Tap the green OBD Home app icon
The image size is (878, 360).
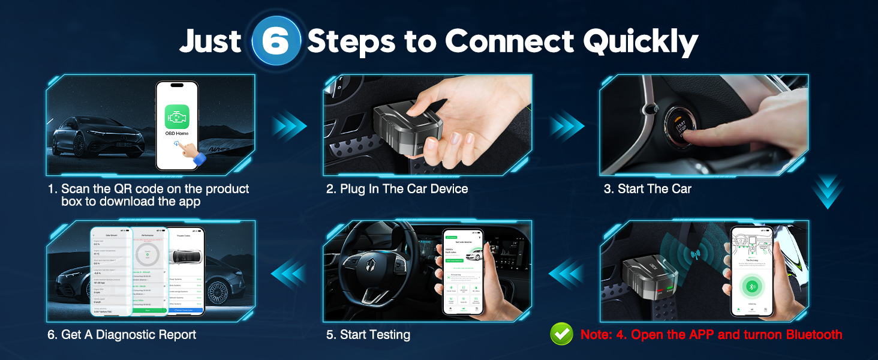[x=177, y=114]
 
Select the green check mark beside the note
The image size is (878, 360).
[x=561, y=335]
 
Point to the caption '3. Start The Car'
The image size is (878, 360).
[x=648, y=189]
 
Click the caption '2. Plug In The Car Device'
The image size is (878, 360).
[x=397, y=189]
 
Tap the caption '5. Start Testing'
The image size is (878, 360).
[x=368, y=335]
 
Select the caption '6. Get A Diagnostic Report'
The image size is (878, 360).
[x=122, y=335]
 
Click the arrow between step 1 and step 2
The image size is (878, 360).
[x=289, y=126]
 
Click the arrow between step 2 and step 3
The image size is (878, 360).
[x=566, y=126]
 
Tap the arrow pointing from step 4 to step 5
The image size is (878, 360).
[x=566, y=273]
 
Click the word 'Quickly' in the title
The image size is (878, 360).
[x=641, y=41]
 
